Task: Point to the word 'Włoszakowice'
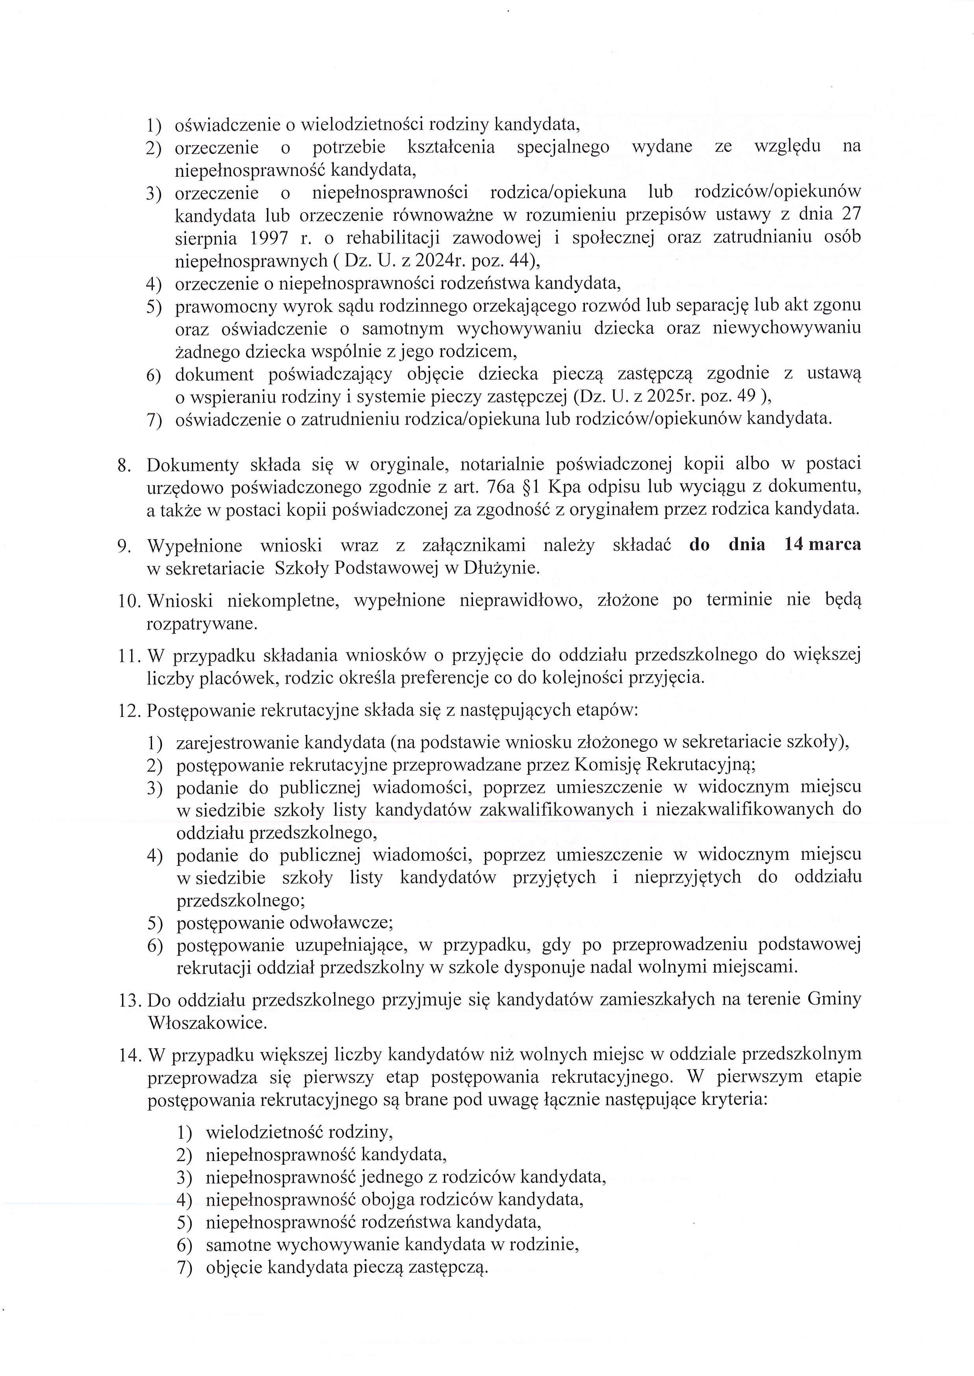(206, 1023)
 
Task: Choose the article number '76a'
(498, 487)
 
